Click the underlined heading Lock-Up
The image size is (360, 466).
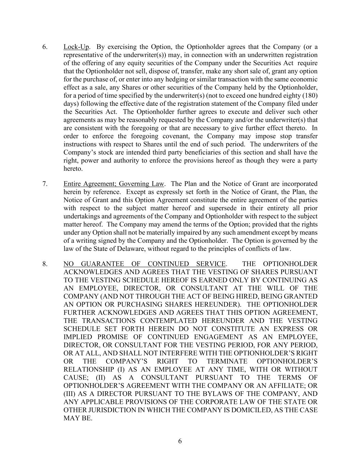point(76,47)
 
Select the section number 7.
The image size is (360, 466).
point(45,184)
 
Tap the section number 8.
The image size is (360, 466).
point(45,264)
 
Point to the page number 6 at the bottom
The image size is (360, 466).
point(180,441)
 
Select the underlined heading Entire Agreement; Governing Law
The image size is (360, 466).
point(114,184)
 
